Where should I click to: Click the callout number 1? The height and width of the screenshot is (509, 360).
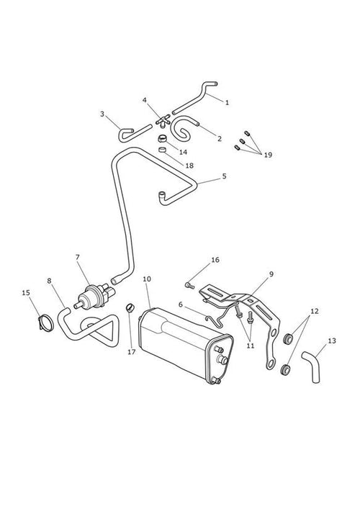coord(227,102)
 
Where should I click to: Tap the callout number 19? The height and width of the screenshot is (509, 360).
coord(268,155)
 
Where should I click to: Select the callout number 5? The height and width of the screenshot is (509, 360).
coord(225,176)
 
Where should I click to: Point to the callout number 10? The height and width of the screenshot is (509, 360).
coord(147,279)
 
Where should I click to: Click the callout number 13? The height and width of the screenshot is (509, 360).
coord(332,341)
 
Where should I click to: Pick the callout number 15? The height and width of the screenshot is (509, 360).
coord(26,293)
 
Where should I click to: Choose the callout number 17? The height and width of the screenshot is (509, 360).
coord(132,352)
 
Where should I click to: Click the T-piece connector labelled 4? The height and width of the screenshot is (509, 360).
coord(163,120)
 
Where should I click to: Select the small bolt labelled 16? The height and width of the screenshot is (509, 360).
coord(189,286)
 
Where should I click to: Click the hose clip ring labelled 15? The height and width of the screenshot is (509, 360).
coord(46,323)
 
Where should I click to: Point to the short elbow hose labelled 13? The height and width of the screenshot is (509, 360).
coord(311,366)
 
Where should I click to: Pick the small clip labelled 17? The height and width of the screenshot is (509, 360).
coord(130,307)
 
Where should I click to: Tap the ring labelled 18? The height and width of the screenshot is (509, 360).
coord(163,150)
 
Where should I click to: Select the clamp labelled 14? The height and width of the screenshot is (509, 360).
coord(162,139)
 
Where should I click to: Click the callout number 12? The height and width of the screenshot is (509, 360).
coord(314,311)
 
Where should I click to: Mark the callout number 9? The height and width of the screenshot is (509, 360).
coord(271,274)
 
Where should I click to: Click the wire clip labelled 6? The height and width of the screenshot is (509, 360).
coord(215,314)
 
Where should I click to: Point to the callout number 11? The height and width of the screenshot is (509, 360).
coord(251,346)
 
